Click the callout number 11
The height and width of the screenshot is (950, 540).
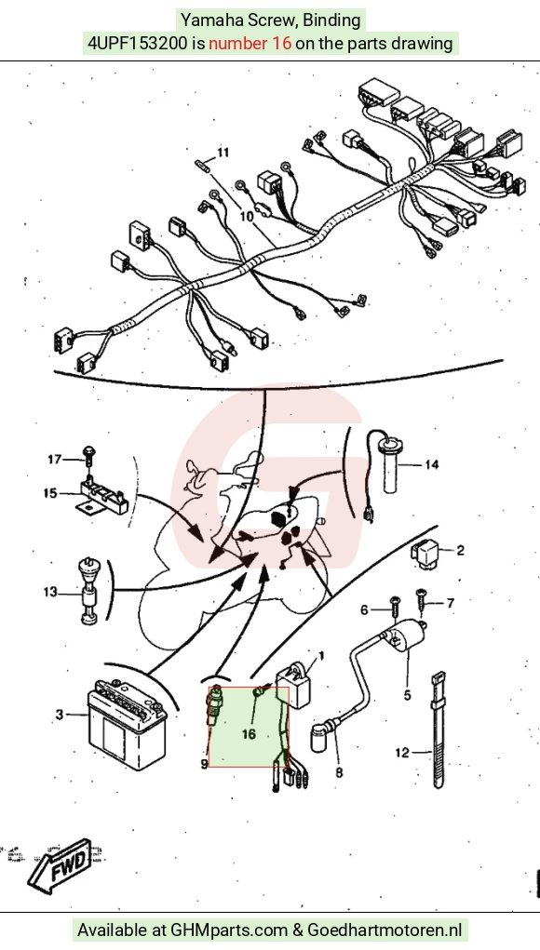tap(223, 153)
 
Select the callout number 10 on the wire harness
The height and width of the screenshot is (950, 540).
tap(247, 216)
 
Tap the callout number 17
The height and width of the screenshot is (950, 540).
tap(55, 460)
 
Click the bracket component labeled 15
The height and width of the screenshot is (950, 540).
tap(101, 497)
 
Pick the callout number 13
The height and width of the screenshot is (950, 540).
tap(49, 592)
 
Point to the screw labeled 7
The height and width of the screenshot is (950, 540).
tap(420, 600)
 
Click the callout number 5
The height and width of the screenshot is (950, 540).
tap(407, 695)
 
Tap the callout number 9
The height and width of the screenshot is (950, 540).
tap(204, 764)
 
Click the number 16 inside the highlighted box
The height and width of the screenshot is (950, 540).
tap(250, 734)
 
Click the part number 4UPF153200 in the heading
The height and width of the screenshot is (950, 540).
tap(138, 44)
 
